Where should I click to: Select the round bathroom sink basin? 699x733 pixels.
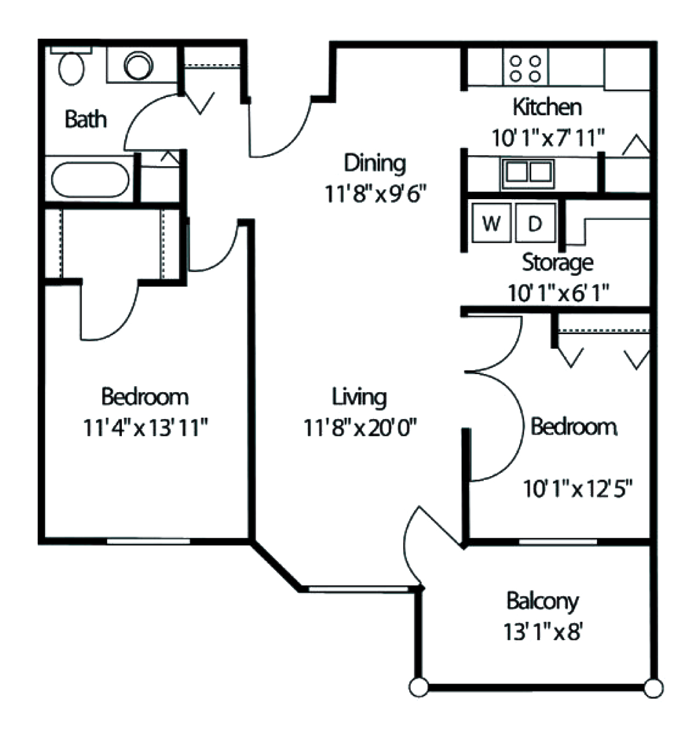point(138,65)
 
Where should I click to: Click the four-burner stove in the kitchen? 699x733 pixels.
point(525,68)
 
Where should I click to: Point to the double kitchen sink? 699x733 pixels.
point(528,173)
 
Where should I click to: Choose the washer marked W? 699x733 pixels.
point(491,223)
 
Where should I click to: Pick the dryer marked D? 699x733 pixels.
point(535,223)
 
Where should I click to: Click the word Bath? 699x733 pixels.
point(86,119)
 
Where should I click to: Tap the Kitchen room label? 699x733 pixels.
point(547,108)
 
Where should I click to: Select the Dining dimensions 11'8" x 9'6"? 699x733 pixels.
point(375,194)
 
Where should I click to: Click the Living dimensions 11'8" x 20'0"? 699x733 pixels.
point(360,427)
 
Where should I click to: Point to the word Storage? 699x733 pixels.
point(557,263)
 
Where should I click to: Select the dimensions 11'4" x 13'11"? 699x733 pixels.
point(145,427)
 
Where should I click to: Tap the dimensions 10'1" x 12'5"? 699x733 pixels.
point(578,489)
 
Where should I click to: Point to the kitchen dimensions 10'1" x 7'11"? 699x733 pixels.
point(548,138)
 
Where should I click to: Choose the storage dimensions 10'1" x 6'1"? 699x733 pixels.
point(559,293)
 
